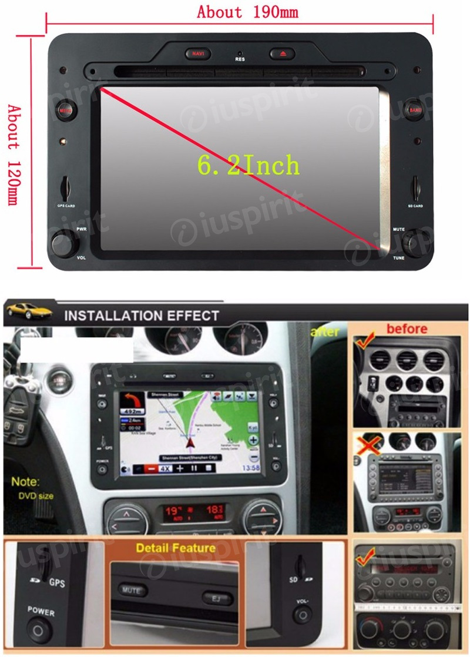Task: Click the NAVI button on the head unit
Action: [x=196, y=54]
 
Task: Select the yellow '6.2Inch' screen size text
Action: [x=248, y=166]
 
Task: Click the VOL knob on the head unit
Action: [x=64, y=243]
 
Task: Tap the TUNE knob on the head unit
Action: [x=415, y=243]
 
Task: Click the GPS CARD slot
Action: [x=66, y=187]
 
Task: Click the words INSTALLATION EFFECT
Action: [x=141, y=316]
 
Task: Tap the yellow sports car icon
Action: [x=28, y=310]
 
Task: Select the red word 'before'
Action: [x=407, y=328]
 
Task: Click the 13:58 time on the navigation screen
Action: [x=251, y=468]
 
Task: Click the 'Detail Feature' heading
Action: [x=176, y=548]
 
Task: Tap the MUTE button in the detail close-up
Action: [x=133, y=589]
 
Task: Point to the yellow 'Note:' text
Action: [x=25, y=482]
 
